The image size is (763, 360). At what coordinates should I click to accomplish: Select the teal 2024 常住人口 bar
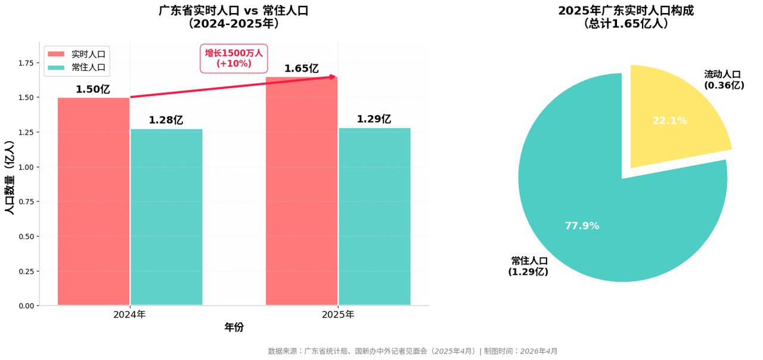(166, 217)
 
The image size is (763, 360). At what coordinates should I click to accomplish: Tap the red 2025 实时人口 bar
(302, 191)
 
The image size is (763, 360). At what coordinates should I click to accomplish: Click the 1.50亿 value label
(93, 89)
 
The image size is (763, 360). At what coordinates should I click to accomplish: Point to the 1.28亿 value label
(166, 120)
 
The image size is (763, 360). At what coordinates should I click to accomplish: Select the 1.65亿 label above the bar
(301, 69)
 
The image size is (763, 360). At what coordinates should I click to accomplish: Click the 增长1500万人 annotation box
(234, 58)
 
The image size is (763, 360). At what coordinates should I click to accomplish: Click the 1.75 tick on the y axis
(27, 63)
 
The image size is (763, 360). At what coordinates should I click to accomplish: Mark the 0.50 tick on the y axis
(27, 237)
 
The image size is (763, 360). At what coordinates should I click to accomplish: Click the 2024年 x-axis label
(129, 315)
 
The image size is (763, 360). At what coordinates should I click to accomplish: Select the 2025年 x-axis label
(338, 315)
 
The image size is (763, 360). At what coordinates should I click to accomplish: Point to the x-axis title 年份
(234, 327)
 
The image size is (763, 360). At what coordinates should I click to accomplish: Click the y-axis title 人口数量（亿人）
(9, 178)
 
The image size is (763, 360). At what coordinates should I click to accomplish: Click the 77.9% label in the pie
(582, 226)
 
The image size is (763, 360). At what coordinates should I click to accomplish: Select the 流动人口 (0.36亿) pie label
(724, 80)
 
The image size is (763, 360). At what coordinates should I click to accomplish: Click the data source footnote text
(412, 351)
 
